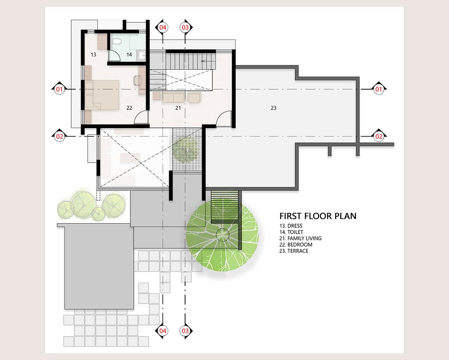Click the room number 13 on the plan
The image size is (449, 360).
pyautogui.click(x=93, y=55)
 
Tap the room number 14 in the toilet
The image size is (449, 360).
pyautogui.click(x=129, y=55)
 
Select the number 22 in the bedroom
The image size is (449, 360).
pyautogui.click(x=129, y=108)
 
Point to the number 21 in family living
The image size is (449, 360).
pyautogui.click(x=178, y=108)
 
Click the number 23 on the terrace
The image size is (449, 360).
pyautogui.click(x=273, y=108)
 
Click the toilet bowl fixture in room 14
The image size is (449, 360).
pyautogui.click(x=117, y=41)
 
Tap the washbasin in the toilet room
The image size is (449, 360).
pyautogui.click(x=142, y=55)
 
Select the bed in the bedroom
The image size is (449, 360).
pyautogui.click(x=102, y=95)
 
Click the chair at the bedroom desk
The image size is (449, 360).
pyautogui.click(x=137, y=80)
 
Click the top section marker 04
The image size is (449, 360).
pyautogui.click(x=163, y=27)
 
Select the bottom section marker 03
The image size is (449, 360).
pyautogui.click(x=185, y=331)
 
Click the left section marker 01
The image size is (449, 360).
pyautogui.click(x=59, y=89)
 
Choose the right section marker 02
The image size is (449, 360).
pyautogui.click(x=378, y=136)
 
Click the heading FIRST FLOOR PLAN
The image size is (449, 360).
pyautogui.click(x=318, y=216)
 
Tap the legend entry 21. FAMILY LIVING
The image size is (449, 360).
pyautogui.click(x=300, y=238)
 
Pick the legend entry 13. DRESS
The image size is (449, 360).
pyautogui.click(x=291, y=226)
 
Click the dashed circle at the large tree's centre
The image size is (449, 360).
pyautogui.click(x=222, y=235)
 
